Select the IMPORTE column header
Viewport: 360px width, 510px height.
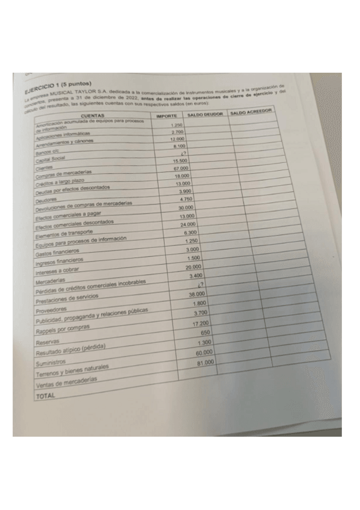coord(166,114)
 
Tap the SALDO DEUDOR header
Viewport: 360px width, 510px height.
coord(206,114)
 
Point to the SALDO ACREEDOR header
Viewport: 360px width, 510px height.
coord(252,111)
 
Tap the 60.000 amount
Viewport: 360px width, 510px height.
coord(204,352)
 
